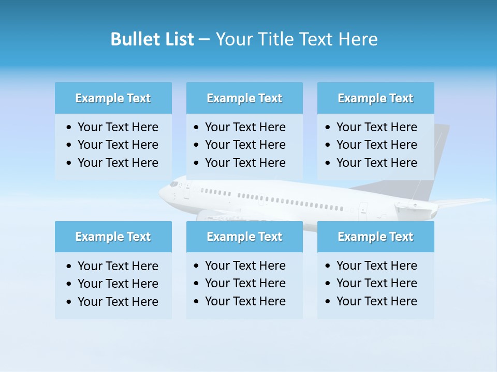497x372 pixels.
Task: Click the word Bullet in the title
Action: pyautogui.click(x=130, y=39)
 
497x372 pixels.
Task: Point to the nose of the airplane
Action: pyautogui.click(x=161, y=194)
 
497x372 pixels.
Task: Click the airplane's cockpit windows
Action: pyautogui.click(x=174, y=184)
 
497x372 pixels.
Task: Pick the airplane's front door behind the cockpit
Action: pyautogui.click(x=186, y=190)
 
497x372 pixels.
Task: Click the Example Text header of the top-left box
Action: pyautogui.click(x=113, y=98)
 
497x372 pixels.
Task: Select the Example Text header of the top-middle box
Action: pyautogui.click(x=244, y=98)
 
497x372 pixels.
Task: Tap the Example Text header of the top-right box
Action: pyautogui.click(x=375, y=98)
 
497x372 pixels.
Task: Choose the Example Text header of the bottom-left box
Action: pyautogui.click(x=113, y=237)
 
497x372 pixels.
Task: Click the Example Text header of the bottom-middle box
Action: pyautogui.click(x=244, y=237)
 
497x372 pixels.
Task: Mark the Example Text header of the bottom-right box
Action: pyautogui.click(x=375, y=237)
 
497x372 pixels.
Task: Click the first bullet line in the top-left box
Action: pyautogui.click(x=118, y=127)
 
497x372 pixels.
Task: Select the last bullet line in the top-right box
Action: pyautogui.click(x=376, y=163)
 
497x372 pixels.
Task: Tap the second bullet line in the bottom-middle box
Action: pyautogui.click(x=245, y=283)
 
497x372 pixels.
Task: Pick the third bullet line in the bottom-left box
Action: pyautogui.click(x=118, y=302)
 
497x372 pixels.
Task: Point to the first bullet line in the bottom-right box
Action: pyautogui.click(x=376, y=266)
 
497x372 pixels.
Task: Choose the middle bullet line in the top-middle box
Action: pyautogui.click(x=245, y=145)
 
